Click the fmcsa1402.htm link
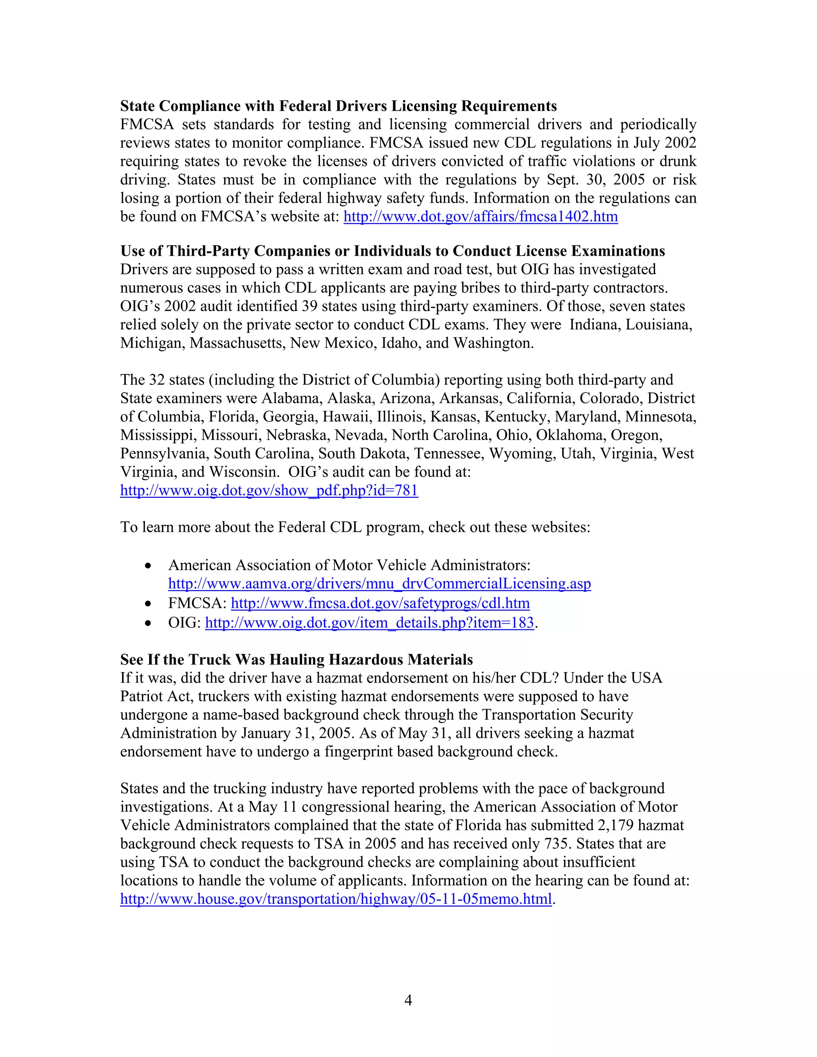(x=480, y=216)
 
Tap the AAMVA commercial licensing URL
(x=379, y=584)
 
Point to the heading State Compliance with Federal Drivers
(x=338, y=106)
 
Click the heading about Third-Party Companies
(x=392, y=251)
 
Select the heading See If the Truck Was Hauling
(x=296, y=660)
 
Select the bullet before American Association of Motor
(x=148, y=566)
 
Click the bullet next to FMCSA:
(x=148, y=604)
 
